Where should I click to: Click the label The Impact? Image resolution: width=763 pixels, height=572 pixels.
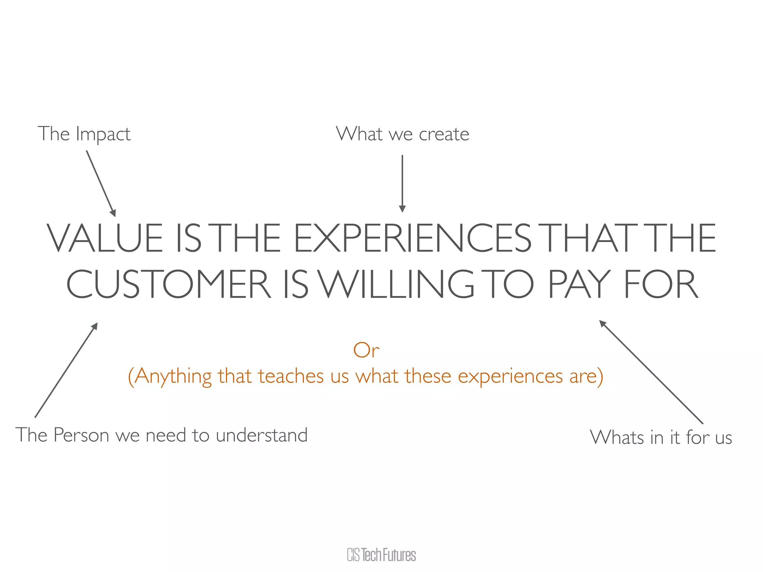84,134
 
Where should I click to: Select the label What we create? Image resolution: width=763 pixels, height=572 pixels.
402,134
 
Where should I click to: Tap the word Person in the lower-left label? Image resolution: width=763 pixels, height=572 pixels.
81,435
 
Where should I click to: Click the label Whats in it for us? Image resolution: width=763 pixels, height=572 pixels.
661,437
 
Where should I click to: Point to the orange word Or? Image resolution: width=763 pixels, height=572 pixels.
366,350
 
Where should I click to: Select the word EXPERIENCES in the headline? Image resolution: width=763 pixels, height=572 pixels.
412,238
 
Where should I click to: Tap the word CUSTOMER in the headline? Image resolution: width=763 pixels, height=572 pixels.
169,285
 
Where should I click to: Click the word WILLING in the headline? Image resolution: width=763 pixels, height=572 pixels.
396,285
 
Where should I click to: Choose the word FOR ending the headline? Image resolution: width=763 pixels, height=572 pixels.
661,285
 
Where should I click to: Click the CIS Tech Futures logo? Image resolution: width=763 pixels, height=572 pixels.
381,555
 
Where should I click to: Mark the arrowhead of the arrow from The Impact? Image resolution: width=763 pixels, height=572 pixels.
113,213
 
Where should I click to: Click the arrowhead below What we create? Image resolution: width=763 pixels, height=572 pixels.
402,209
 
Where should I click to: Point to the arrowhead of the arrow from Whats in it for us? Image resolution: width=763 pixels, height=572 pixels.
602,323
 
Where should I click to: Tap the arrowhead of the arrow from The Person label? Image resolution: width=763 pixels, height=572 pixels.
95,326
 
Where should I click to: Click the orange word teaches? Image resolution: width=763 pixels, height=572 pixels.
291,376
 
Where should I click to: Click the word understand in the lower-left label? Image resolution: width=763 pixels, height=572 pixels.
262,435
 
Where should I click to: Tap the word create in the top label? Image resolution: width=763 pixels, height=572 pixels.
444,134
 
